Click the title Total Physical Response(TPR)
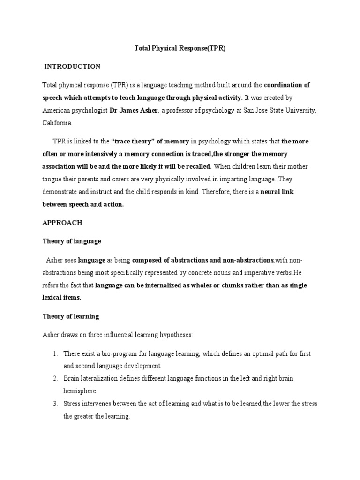pyautogui.click(x=180, y=48)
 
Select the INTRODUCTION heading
pyautogui.click(x=72, y=67)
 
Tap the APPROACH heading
pyautogui.click(x=62, y=223)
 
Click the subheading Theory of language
pyautogui.click(x=72, y=241)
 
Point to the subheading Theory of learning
pyautogui.click(x=71, y=316)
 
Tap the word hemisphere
pyautogui.click(x=81, y=390)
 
